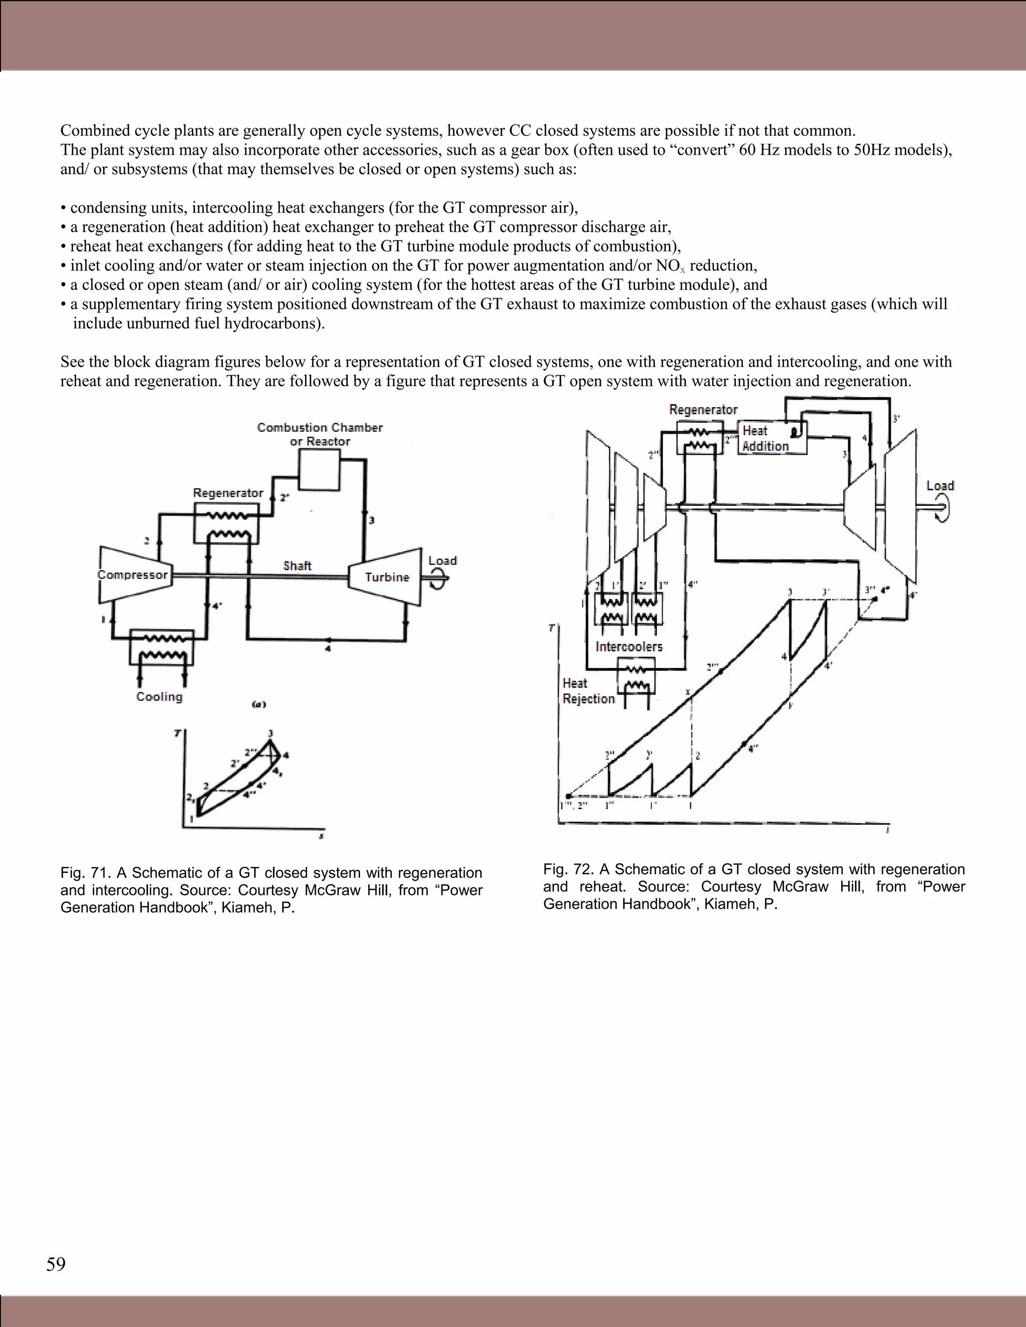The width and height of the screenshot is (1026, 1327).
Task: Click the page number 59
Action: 56,1264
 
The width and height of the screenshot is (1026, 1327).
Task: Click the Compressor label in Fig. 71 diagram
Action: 132,575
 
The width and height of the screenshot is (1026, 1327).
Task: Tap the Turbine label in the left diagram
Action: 387,577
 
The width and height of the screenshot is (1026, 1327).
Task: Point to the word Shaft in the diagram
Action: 297,566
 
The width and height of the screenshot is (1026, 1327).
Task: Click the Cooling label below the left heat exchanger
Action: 159,697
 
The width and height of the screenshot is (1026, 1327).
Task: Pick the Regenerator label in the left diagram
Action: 228,493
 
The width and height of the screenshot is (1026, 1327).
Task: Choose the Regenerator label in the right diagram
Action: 703,410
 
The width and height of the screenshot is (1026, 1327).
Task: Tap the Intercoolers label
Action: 629,646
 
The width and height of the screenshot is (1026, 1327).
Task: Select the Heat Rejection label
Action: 588,692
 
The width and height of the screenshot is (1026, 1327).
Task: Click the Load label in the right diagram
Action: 940,485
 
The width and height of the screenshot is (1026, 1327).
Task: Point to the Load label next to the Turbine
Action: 442,560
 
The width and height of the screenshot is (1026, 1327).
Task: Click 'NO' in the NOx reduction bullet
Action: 667,265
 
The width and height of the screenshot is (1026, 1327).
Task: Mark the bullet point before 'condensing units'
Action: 63,208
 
